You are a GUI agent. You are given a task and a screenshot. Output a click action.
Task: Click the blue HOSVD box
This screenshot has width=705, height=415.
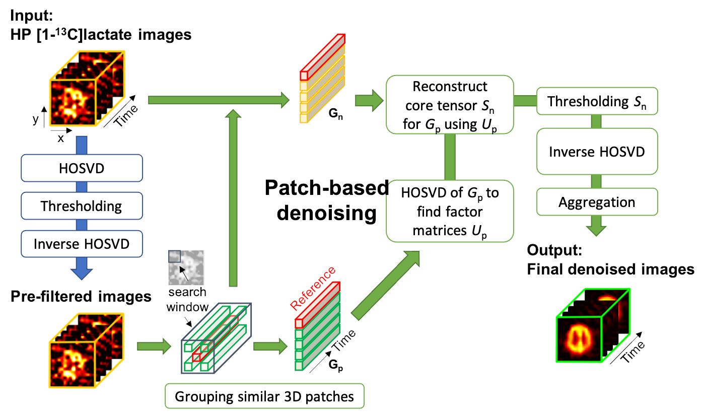pos(82,168)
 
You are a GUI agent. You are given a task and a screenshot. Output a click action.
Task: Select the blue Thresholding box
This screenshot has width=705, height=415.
pos(82,206)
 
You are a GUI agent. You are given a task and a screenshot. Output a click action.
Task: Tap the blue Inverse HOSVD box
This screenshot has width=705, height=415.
pos(82,244)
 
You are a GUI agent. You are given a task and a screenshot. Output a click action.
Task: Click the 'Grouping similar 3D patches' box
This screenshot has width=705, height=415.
pos(264,396)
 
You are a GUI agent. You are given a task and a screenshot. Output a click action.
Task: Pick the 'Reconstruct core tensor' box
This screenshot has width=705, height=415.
pos(450,105)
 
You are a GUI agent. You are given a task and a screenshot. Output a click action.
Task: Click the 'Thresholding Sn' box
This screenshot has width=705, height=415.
pos(597,101)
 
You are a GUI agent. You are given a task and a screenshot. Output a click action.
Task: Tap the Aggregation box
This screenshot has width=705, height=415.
pos(597,202)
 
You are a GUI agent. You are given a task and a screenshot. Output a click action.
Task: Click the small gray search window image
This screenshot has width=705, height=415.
pos(185,267)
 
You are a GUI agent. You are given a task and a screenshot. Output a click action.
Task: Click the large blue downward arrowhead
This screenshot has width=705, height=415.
pos(82,271)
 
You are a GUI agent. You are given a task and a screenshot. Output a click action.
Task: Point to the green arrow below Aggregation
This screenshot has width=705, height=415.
pos(597,227)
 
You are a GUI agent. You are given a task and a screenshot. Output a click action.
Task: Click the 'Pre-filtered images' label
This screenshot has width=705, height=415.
pos(81,296)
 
